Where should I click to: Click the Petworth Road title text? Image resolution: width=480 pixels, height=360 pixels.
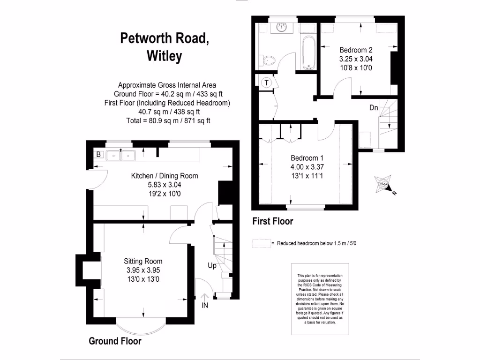click(164, 38)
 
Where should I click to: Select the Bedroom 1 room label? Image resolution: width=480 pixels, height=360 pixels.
click(307, 158)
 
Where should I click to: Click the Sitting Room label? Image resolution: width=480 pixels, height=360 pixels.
click(143, 262)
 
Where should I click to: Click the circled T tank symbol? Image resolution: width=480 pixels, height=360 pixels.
click(267, 82)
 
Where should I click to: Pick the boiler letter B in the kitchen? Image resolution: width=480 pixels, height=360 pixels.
click(98, 154)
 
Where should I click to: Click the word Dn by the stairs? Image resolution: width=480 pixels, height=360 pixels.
click(374, 108)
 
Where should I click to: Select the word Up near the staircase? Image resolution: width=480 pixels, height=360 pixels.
click(212, 266)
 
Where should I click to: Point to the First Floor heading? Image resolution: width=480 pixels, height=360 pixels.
click(273, 221)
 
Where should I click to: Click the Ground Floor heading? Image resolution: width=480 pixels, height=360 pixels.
click(115, 341)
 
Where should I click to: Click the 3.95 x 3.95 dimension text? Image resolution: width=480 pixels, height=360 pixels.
click(143, 270)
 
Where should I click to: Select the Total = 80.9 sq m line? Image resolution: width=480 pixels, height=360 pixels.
click(167, 120)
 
